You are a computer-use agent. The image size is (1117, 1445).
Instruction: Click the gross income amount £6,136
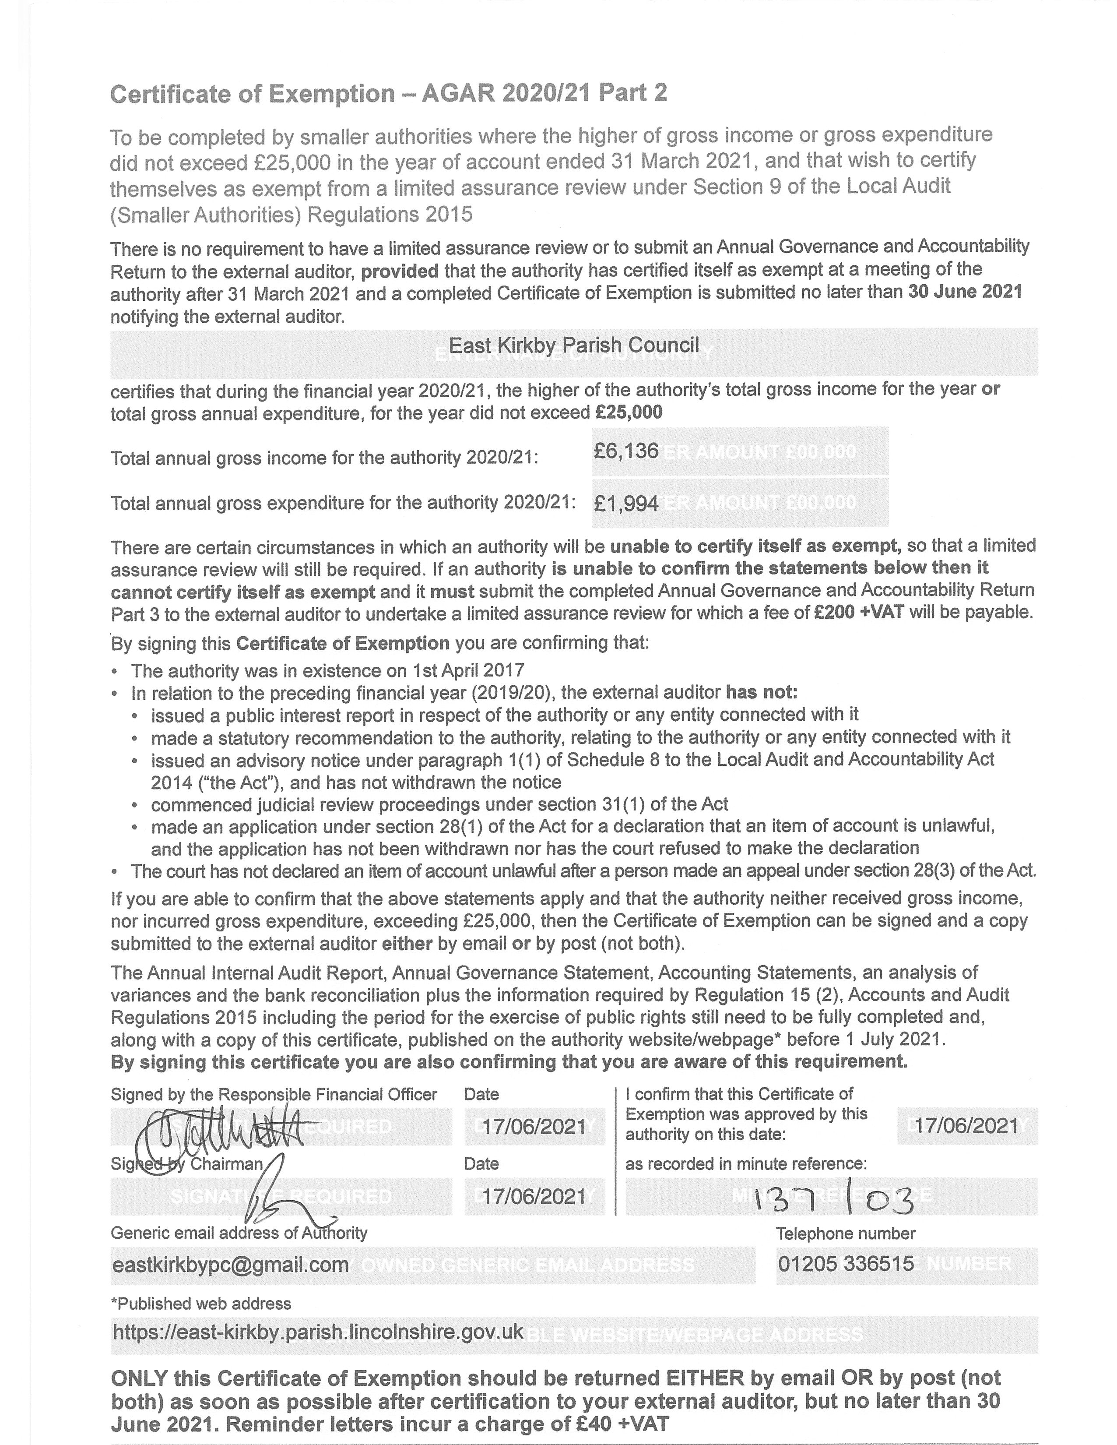tap(625, 451)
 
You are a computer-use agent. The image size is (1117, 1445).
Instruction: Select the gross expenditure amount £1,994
tap(625, 504)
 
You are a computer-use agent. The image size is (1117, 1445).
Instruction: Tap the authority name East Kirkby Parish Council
tap(573, 345)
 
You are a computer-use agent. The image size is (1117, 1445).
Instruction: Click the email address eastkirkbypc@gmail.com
tap(231, 1265)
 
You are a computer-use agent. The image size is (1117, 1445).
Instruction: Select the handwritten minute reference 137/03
tap(834, 1199)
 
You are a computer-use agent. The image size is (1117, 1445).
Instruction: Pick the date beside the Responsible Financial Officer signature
tap(534, 1127)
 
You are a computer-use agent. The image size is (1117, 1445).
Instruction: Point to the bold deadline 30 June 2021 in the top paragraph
tap(965, 292)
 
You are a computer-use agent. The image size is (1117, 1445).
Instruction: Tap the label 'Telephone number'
tap(845, 1233)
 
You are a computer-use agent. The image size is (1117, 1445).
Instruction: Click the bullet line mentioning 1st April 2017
tap(327, 671)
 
